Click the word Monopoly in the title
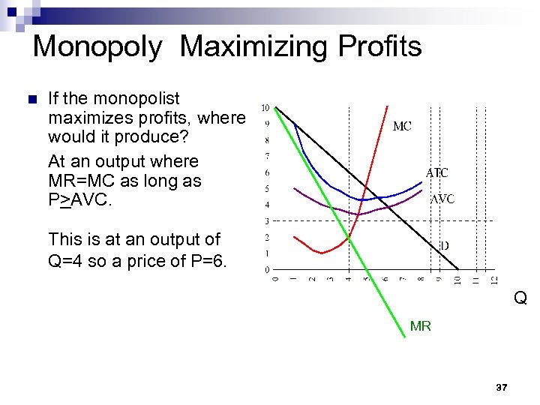point(97,46)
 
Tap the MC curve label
point(402,127)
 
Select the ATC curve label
point(437,172)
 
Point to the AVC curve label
point(442,199)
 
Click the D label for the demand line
point(444,245)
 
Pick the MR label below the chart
point(421,326)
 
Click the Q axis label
point(520,298)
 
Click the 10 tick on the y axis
point(265,108)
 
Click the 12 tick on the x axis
point(493,280)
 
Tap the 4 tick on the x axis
point(348,280)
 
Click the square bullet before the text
point(31,100)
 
